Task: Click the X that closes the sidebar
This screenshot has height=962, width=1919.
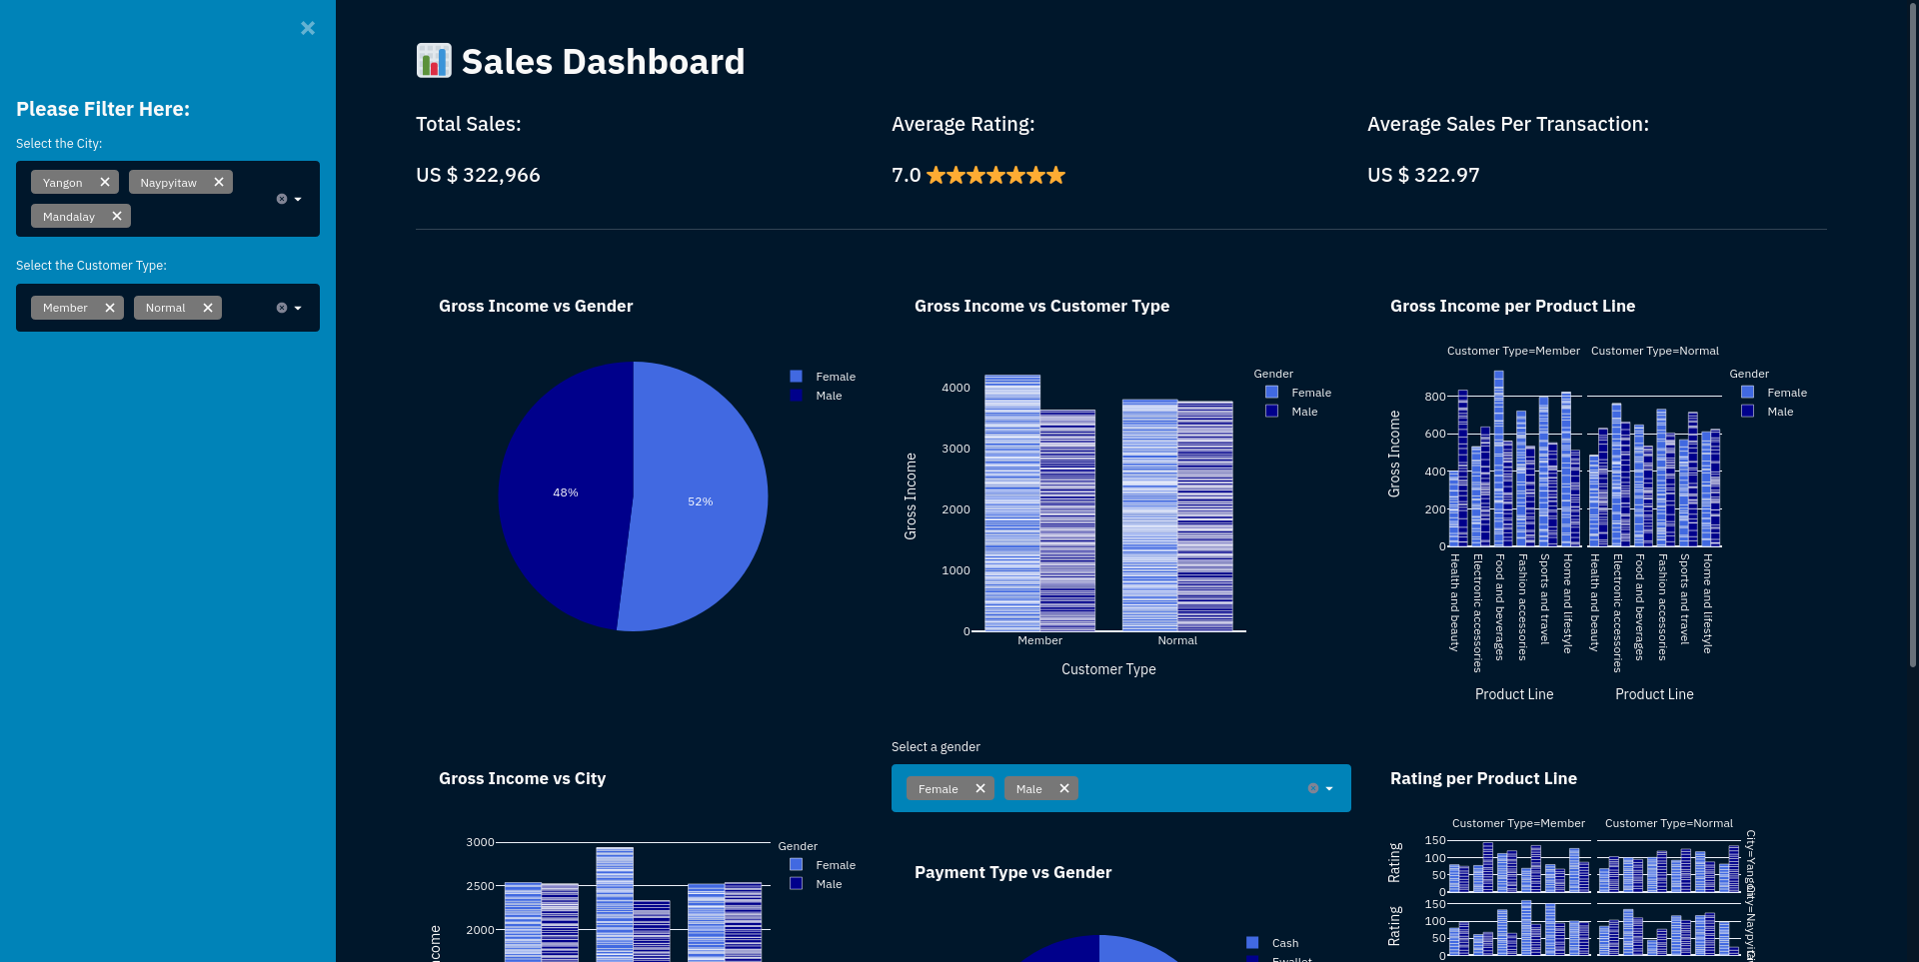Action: coord(308,28)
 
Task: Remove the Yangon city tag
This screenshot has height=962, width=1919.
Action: coord(105,182)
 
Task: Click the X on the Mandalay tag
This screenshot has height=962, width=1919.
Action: coord(117,216)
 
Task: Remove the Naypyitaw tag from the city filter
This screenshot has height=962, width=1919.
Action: coord(219,182)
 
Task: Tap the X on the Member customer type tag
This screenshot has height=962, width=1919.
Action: coord(110,308)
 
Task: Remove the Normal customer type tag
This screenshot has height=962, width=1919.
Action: coord(208,308)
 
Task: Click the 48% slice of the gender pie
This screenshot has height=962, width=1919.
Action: coord(565,492)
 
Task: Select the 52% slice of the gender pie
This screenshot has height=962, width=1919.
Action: coord(700,501)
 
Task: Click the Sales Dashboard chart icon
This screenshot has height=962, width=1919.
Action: coord(434,61)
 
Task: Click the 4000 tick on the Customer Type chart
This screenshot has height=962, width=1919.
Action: coord(956,388)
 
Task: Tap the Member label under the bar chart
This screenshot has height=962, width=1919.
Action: coord(1039,640)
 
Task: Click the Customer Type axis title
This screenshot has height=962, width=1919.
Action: coord(1108,669)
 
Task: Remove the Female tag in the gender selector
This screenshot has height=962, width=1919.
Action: coord(980,788)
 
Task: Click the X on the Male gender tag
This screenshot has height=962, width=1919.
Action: coord(1064,788)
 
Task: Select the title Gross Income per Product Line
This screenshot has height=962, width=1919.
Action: coord(1512,306)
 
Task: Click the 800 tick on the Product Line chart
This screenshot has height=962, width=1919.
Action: coord(1435,397)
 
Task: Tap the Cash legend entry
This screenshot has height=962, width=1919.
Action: coord(1284,943)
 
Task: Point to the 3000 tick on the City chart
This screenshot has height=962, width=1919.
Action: coord(480,842)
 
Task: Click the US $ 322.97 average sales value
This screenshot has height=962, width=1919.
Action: coord(1423,175)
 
